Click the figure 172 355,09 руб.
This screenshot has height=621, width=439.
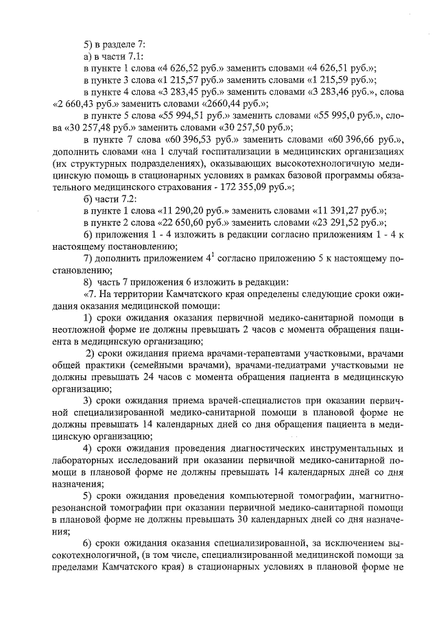(x=266, y=187)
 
